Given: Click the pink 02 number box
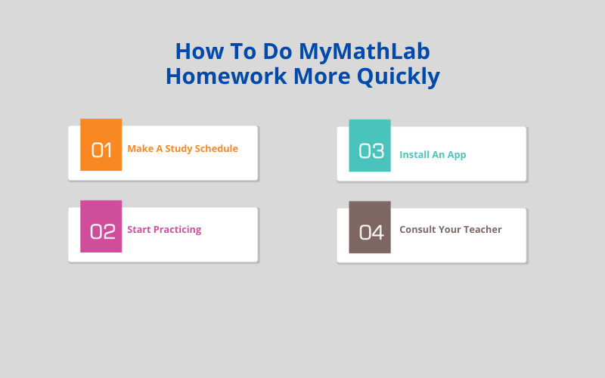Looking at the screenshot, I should [x=101, y=227].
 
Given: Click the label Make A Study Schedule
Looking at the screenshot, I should [x=182, y=149].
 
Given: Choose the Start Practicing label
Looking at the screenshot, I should [x=164, y=230].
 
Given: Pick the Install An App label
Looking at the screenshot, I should [x=433, y=155].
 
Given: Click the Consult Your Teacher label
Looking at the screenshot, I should [x=451, y=230].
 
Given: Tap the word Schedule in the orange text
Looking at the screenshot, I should [x=216, y=149].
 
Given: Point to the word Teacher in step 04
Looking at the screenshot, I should [x=482, y=230].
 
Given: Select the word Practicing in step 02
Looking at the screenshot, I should [x=178, y=230].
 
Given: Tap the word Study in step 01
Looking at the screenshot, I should [x=178, y=149].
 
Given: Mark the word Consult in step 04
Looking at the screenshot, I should [x=417, y=230].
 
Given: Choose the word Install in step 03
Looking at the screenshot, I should [x=414, y=155].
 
